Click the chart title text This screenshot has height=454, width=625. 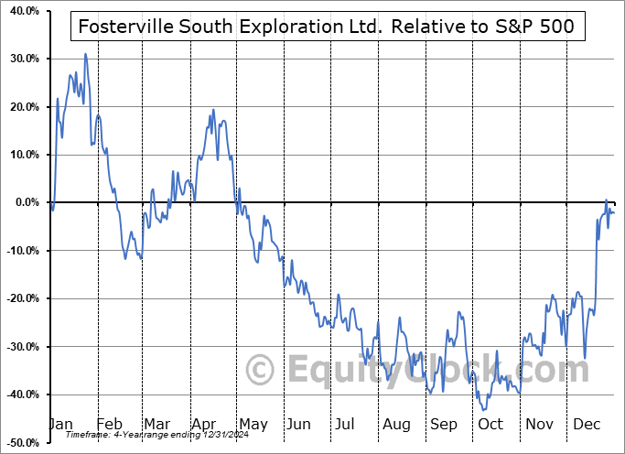tap(327, 27)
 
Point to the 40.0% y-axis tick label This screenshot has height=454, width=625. tap(20, 11)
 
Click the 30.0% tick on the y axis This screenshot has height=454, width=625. tap(20, 59)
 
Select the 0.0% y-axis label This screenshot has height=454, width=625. tap(23, 202)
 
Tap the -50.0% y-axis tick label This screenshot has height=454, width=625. tap(19, 442)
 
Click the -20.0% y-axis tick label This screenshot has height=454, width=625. tap(19, 298)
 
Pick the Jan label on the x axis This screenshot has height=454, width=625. tap(59, 425)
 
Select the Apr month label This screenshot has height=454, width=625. tap(204, 425)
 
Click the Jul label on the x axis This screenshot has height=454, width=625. tap(345, 425)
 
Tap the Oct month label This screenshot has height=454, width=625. tap(490, 425)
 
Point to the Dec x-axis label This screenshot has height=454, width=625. tap(587, 425)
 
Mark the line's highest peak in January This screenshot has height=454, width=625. tap(85, 54)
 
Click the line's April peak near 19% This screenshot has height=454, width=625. tap(213, 110)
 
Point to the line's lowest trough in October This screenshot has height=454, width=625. tap(483, 409)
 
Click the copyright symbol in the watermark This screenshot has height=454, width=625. tap(261, 371)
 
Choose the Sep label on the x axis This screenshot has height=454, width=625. tap(444, 425)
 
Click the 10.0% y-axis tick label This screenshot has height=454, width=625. tap(20, 155)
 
